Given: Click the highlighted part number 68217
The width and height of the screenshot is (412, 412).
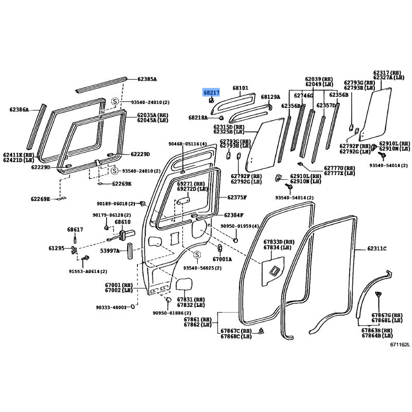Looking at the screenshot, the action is tap(212, 93).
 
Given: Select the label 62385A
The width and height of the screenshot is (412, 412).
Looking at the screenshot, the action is tap(147, 79).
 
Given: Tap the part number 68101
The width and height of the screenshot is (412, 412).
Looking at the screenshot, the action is tap(240, 88).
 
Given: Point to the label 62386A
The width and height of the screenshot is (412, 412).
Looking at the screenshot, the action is tap(19, 110).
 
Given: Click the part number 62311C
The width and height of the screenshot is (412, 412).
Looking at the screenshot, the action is tap(377, 248).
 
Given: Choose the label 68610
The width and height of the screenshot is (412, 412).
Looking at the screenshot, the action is tap(123, 222).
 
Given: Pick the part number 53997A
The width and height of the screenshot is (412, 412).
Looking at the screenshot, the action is tap(110, 251).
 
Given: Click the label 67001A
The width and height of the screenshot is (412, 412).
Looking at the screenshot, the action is tap(222, 260).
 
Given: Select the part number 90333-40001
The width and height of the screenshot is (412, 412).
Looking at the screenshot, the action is tap(111, 307).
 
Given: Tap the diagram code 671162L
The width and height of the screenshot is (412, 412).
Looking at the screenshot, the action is tap(400, 345).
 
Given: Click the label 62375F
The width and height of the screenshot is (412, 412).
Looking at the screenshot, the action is tap(237, 197).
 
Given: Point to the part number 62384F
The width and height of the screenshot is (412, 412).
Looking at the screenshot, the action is tap(234, 215).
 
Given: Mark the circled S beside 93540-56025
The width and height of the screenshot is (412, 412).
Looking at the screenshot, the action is tap(197, 254).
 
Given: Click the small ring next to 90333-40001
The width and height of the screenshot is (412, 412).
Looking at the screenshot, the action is tap(133, 306).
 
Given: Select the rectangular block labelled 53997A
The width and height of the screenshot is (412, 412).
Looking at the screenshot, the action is tap(130, 251).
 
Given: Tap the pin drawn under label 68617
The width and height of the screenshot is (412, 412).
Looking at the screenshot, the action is tap(75, 239).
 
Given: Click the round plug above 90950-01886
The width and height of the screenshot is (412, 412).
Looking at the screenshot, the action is tap(168, 300).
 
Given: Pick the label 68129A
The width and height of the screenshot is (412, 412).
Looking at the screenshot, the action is tap(270, 97).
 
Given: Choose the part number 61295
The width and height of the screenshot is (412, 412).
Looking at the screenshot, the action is tap(57, 248).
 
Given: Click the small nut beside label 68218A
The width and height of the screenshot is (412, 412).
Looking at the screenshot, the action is tap(221, 117).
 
